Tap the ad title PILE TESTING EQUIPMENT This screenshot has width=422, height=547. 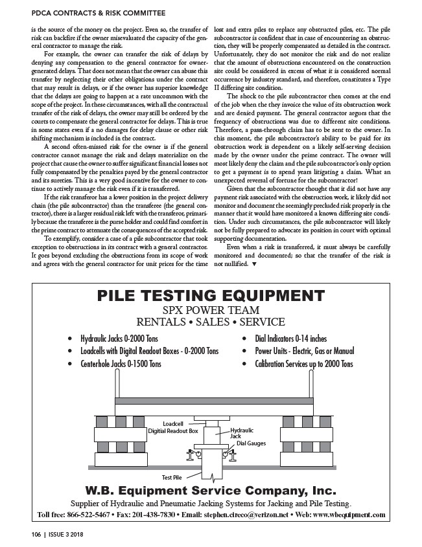[x=211, y=296]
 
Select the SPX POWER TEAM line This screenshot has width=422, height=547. [x=211, y=310]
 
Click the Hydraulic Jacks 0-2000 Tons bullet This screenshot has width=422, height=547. [x=121, y=339]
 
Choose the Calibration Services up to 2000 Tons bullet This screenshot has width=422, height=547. [x=303, y=364]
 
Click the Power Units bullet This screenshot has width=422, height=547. [x=304, y=352]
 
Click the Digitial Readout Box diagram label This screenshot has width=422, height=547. [x=172, y=430]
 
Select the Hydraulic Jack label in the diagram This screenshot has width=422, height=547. [x=242, y=433]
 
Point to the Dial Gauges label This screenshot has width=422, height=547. [x=250, y=443]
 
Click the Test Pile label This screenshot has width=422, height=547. [x=171, y=478]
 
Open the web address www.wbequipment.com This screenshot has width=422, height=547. [x=350, y=515]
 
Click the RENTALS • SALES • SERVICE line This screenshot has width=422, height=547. [x=211, y=322]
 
